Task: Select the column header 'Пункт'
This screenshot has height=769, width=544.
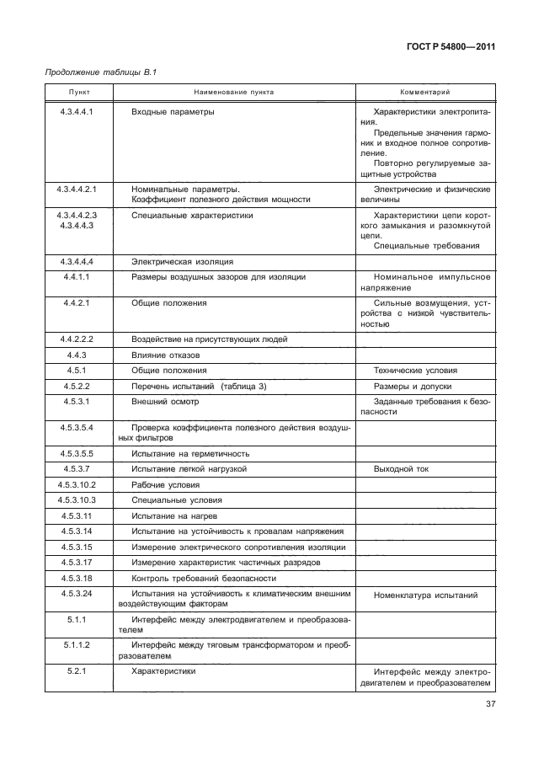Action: (x=77, y=92)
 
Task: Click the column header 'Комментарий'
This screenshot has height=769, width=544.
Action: (x=424, y=92)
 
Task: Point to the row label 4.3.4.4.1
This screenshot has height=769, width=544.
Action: (x=77, y=111)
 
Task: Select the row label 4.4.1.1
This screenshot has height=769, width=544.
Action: (x=77, y=276)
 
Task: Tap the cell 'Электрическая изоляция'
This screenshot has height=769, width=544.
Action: (x=182, y=261)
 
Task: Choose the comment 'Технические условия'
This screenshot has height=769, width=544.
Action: (x=415, y=370)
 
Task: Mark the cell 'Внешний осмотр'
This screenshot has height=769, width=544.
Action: (x=165, y=402)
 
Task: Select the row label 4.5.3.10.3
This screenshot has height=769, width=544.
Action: (x=77, y=499)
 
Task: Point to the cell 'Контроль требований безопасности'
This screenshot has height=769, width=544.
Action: (x=203, y=579)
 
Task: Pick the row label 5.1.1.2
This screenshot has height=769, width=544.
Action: (x=77, y=644)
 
